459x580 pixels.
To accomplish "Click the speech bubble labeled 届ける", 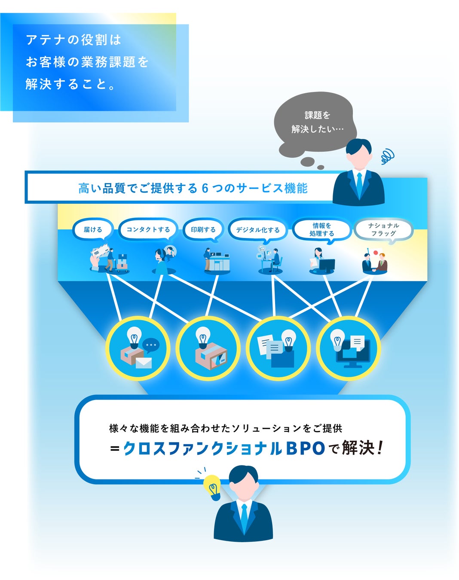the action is point(93,229).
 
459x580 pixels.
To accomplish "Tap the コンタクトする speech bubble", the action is point(148,229).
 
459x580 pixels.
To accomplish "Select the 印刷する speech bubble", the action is point(203,229).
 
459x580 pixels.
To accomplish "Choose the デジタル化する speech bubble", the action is point(257,230).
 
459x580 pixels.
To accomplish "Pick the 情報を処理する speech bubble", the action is point(322,229).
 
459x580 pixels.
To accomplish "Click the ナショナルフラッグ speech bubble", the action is point(383,229).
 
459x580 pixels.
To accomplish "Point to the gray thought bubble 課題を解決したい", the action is point(317,122).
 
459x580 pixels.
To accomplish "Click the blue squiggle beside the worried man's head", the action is point(387,156).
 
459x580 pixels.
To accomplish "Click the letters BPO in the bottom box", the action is point(305,448).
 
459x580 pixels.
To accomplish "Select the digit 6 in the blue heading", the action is point(205,188).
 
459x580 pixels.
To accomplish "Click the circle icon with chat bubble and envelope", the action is point(138,348).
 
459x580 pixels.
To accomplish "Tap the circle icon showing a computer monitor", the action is point(349,348).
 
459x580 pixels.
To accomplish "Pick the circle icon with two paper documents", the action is point(278,348).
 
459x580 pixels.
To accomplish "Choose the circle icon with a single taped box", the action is point(208,348).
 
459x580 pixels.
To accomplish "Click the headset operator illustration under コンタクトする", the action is point(163,260).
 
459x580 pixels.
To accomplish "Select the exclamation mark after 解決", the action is point(379,448).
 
